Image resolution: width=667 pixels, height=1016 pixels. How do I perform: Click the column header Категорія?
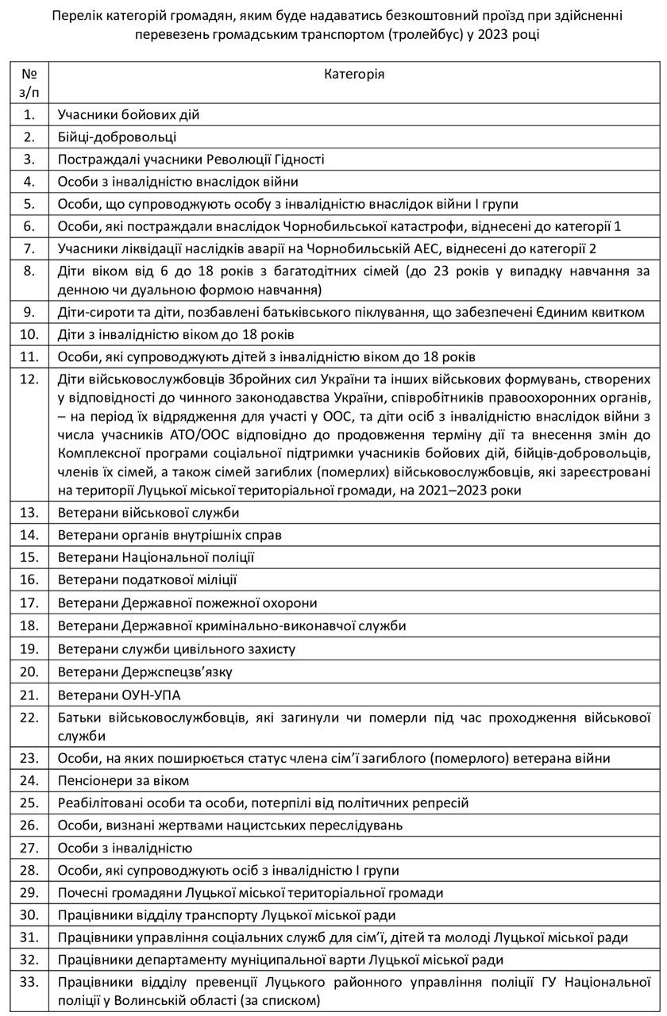point(355,74)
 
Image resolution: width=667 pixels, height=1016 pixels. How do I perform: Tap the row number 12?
point(29,379)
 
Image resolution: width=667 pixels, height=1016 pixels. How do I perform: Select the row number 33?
point(29,982)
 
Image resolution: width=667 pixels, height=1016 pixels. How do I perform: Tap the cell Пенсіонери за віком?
point(123,780)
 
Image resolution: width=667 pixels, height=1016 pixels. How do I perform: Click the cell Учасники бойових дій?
point(128,114)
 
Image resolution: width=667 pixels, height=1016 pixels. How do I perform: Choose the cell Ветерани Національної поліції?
point(156,558)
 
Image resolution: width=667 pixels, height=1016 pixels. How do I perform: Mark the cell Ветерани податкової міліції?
point(147,580)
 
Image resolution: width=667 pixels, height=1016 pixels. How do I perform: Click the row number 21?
point(29,695)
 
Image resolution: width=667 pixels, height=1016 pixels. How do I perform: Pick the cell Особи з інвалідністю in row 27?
point(125,848)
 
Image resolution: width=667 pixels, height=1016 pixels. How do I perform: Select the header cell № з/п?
point(29,82)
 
